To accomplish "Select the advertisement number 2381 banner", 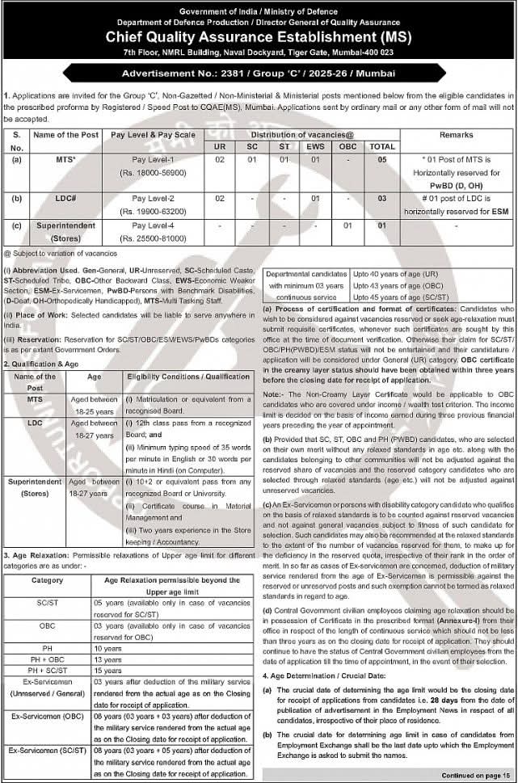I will [259, 73].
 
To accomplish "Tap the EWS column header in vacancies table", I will [314, 146].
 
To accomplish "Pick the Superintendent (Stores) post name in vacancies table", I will [65, 232].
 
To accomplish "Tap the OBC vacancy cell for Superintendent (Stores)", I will [348, 225].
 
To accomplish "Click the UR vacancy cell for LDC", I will [220, 198].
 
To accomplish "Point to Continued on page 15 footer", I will [475, 773].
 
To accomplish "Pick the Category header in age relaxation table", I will [47, 580].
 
